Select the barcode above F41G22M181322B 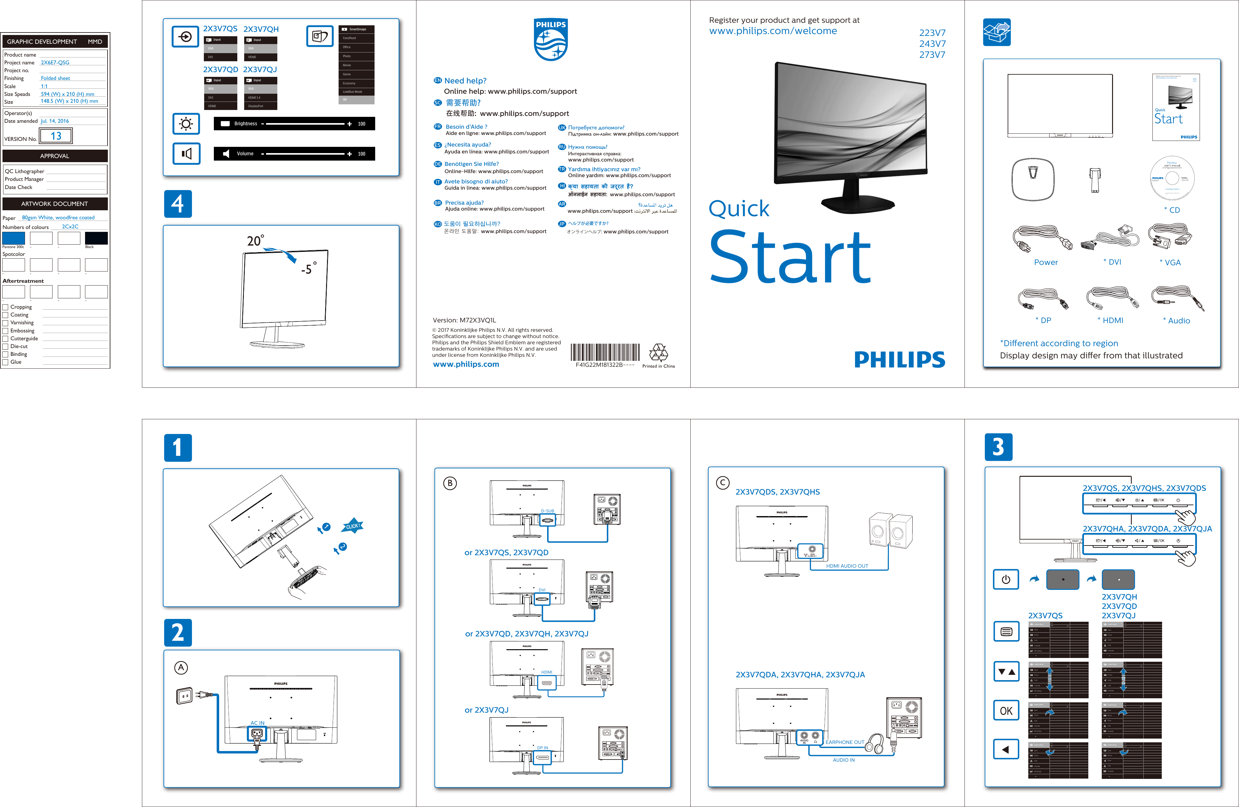(x=605, y=352)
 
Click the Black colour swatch (x=96, y=238)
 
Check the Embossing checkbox (x=5, y=331)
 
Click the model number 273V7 (x=932, y=55)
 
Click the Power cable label (x=1045, y=262)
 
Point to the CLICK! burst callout (x=352, y=526)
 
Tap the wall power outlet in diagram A (x=184, y=696)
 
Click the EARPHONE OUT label (x=844, y=742)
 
